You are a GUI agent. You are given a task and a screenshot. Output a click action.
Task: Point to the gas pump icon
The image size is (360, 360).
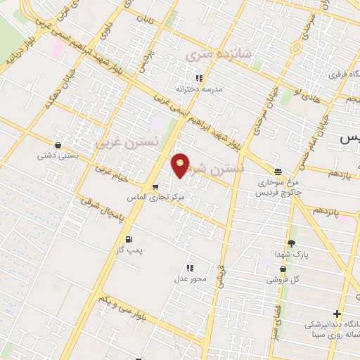pos(128,240)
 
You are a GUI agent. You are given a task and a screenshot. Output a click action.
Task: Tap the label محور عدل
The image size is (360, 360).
pos(191,279)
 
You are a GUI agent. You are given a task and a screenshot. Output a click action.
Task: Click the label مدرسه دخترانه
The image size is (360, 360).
pos(202,89)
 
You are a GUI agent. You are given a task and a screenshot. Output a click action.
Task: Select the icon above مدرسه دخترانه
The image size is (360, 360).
pos(199,78)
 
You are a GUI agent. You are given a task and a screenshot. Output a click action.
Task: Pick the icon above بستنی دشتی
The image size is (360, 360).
pos(58,146)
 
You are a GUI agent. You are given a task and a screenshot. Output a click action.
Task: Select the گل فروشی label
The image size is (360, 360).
pos(283,279)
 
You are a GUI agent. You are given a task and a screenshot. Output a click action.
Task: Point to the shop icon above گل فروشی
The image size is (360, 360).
pos(283,268)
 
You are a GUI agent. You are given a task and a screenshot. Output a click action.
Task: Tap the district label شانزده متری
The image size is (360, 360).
pos(207,54)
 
